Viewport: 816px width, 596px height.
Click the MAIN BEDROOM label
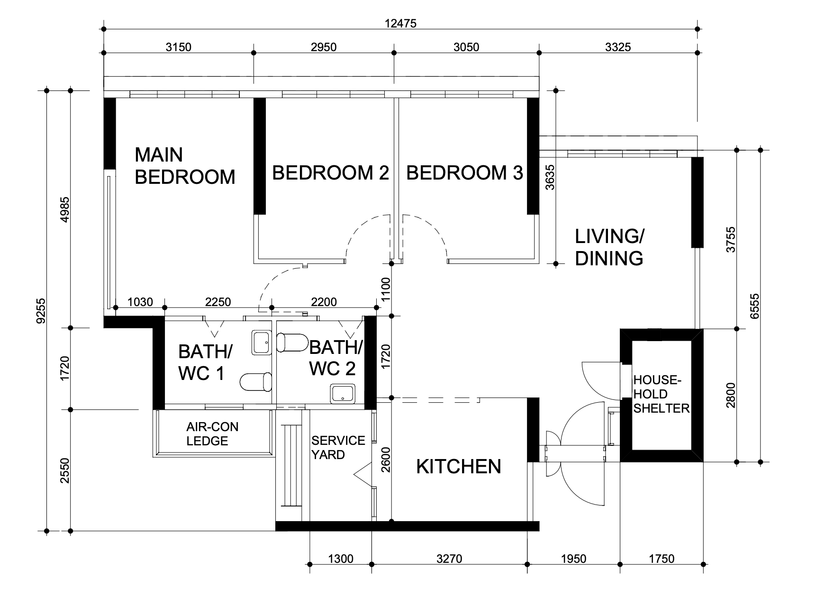(x=185, y=166)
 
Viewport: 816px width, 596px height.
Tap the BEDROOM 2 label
(x=330, y=173)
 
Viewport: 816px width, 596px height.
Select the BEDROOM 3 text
(x=464, y=173)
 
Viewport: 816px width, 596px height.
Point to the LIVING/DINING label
(x=609, y=247)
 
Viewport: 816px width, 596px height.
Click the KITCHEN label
(x=458, y=467)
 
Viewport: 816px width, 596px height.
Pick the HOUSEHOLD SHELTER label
(x=661, y=394)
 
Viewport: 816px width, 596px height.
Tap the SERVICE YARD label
(x=338, y=448)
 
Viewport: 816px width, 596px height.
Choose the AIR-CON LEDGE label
(x=212, y=434)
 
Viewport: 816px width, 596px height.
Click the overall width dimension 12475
(x=401, y=23)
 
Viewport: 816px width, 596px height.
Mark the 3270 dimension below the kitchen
(x=449, y=559)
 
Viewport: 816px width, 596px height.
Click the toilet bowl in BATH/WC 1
(x=256, y=382)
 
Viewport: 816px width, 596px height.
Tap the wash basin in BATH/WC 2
(x=343, y=394)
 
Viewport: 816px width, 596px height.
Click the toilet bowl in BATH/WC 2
(x=291, y=342)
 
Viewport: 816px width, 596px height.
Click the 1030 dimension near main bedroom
(x=140, y=302)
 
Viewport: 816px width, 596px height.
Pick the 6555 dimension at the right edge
(x=755, y=306)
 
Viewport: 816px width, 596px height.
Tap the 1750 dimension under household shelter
(x=661, y=559)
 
